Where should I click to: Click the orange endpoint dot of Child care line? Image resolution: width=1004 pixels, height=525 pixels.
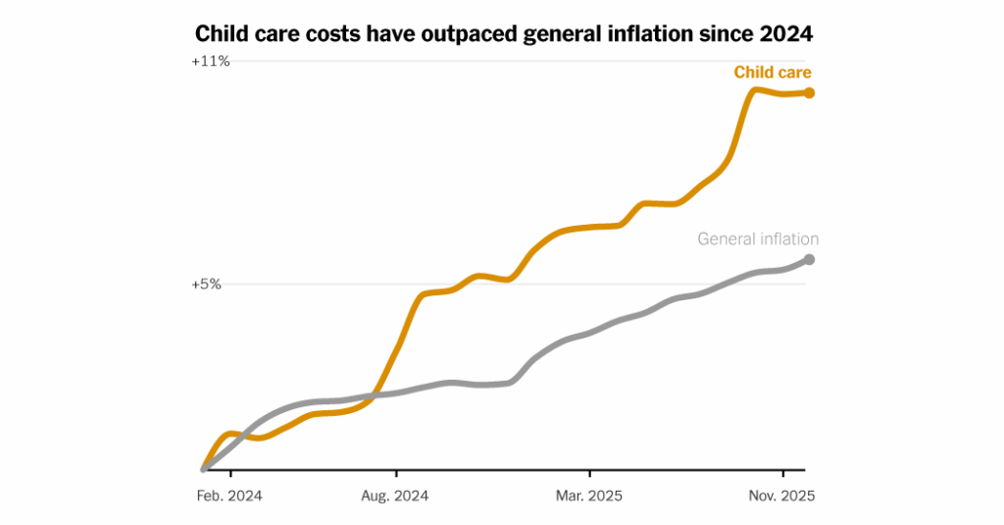coord(809,93)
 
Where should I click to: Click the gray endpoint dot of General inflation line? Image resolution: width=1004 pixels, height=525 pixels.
coord(809,259)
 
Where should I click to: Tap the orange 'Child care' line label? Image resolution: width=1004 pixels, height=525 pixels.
coord(773,73)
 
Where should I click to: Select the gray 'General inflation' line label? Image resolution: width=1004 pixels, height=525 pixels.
coord(758,238)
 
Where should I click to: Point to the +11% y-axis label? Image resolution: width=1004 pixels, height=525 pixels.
coord(211,62)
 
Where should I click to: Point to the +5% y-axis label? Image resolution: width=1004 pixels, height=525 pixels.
coord(206,285)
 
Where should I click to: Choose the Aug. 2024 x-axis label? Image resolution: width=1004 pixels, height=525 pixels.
coord(395,496)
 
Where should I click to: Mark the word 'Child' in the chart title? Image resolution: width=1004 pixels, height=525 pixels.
coord(223,34)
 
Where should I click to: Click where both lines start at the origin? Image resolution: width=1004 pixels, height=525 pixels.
coord(203,469)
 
